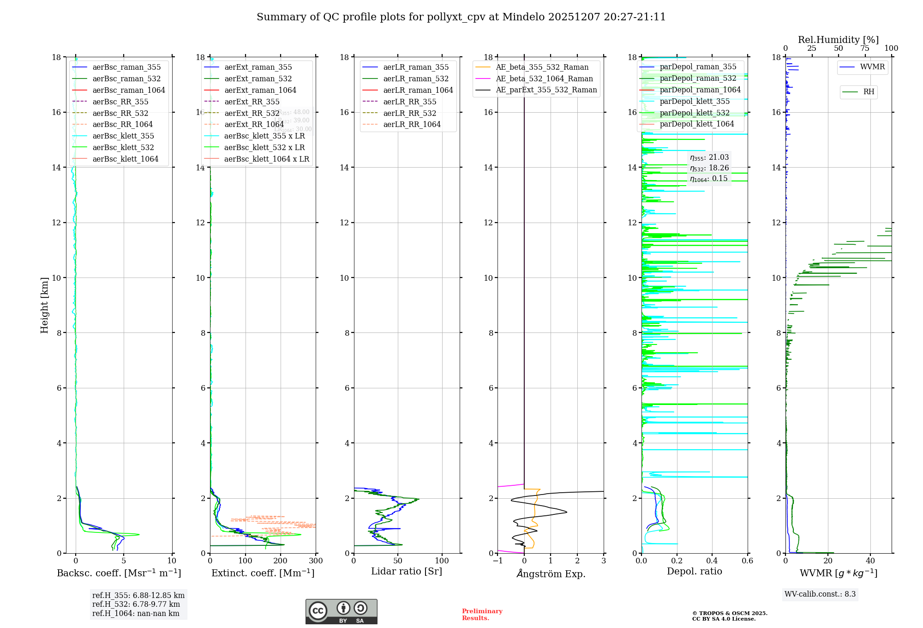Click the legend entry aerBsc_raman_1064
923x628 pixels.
[x=129, y=91]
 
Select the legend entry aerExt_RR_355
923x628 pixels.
[x=252, y=102]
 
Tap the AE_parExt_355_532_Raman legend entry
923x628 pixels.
[x=546, y=90]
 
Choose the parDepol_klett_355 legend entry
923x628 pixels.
[x=695, y=102]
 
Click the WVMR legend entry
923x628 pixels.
[x=872, y=67]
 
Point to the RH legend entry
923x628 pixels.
[x=869, y=92]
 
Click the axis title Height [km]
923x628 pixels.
[x=44, y=305]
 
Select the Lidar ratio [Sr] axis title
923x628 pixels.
[x=407, y=572]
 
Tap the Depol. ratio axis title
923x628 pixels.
[x=694, y=572]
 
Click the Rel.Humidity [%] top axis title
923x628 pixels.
[x=838, y=40]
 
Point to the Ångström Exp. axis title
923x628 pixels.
[x=551, y=574]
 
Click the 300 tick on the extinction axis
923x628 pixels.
[x=316, y=561]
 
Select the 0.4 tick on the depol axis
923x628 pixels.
[x=712, y=561]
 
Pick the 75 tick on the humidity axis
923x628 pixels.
[x=865, y=48]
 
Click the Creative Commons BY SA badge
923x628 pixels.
[x=341, y=612]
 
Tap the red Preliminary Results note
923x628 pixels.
[x=482, y=615]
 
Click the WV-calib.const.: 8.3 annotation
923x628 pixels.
[x=820, y=594]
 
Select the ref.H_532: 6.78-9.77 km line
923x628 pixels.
[x=136, y=604]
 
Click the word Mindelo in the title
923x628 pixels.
[x=523, y=17]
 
